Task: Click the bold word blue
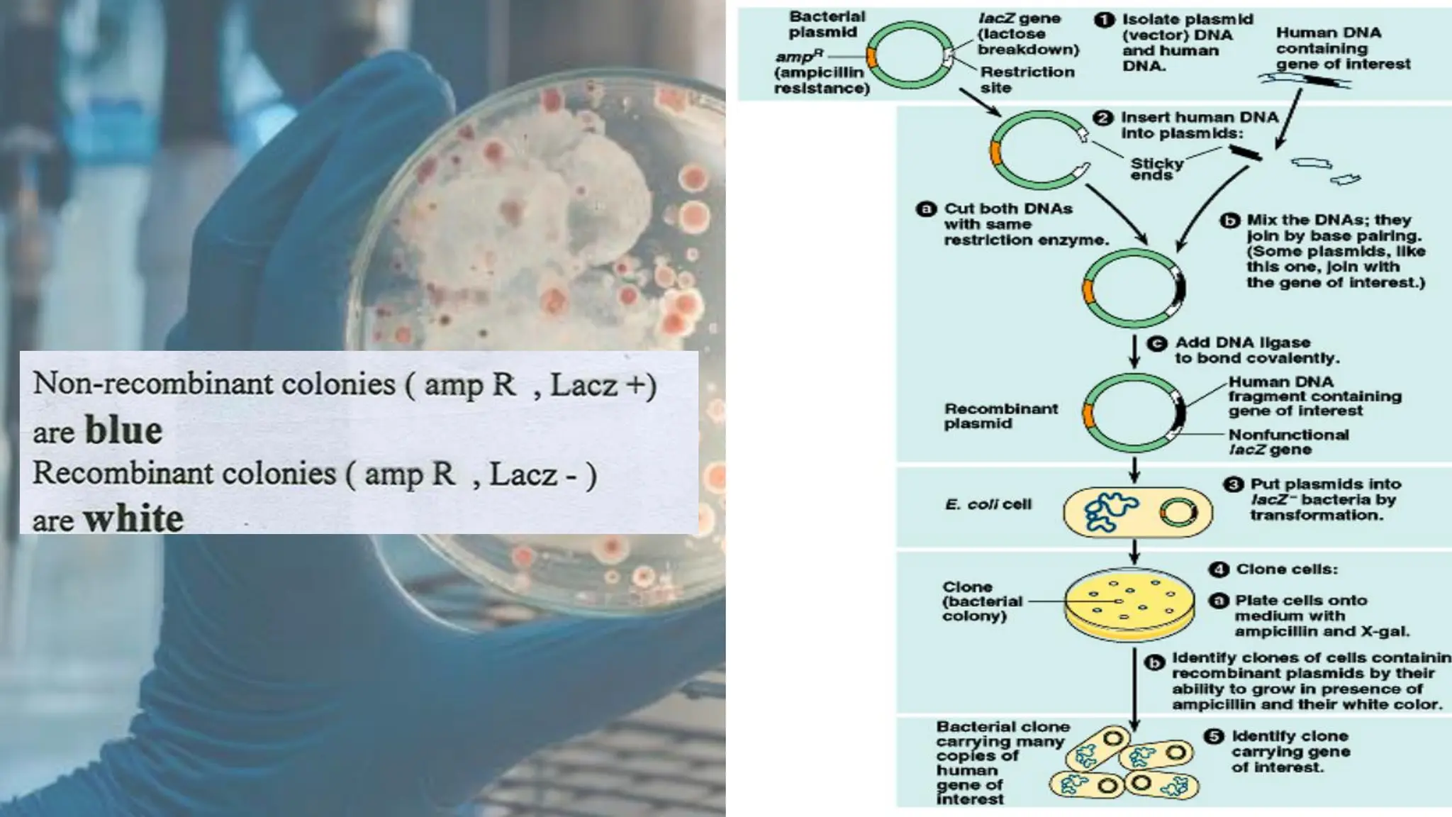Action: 123,430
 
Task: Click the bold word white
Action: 133,518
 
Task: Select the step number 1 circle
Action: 1104,20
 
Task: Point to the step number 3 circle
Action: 1234,484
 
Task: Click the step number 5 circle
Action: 1214,736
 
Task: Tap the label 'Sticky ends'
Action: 1156,169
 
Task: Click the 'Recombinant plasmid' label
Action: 1000,416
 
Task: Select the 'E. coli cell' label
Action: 988,504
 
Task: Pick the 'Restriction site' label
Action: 1027,79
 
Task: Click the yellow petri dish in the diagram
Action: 1129,605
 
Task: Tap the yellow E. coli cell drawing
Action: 1137,512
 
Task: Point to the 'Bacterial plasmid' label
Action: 827,24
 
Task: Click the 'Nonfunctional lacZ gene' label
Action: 1288,442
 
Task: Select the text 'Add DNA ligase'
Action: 1242,343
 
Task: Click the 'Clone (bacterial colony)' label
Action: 982,601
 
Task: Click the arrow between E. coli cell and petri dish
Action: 1134,551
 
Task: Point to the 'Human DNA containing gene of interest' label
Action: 1342,48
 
